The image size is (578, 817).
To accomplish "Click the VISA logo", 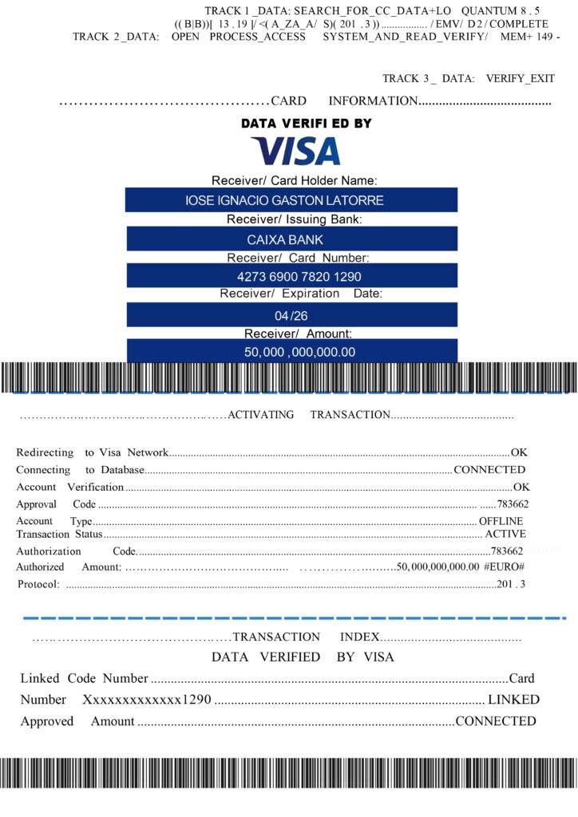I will [x=295, y=151].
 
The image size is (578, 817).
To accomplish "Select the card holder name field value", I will [x=284, y=200].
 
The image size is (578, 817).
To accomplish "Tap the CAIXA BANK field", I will [x=284, y=239].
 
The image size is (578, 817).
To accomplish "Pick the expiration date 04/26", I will [x=291, y=315].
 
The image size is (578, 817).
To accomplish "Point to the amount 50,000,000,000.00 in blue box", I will [x=299, y=352].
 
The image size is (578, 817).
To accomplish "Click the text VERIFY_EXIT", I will [x=520, y=78].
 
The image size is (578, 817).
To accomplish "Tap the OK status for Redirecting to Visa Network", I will [x=520, y=452].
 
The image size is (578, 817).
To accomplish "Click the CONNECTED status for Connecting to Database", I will [x=489, y=470].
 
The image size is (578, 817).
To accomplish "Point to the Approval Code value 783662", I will [x=512, y=504].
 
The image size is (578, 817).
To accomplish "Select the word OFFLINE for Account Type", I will [x=501, y=521].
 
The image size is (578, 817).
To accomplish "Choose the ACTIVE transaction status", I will [x=505, y=534].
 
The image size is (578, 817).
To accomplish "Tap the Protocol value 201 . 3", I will [x=511, y=585].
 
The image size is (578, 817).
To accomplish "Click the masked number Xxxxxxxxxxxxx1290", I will [x=147, y=700].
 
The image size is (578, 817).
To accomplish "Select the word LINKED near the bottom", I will [x=513, y=700].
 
